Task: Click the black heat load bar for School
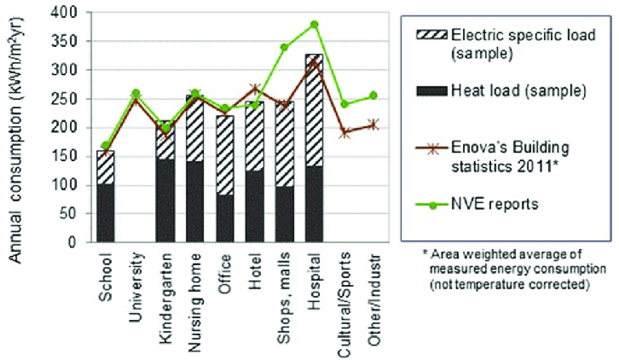pyautogui.click(x=106, y=212)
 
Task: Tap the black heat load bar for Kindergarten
pyautogui.click(x=166, y=200)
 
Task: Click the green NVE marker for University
pyautogui.click(x=136, y=93)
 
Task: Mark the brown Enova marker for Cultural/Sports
pyautogui.click(x=345, y=133)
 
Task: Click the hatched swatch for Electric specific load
pyautogui.click(x=432, y=36)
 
